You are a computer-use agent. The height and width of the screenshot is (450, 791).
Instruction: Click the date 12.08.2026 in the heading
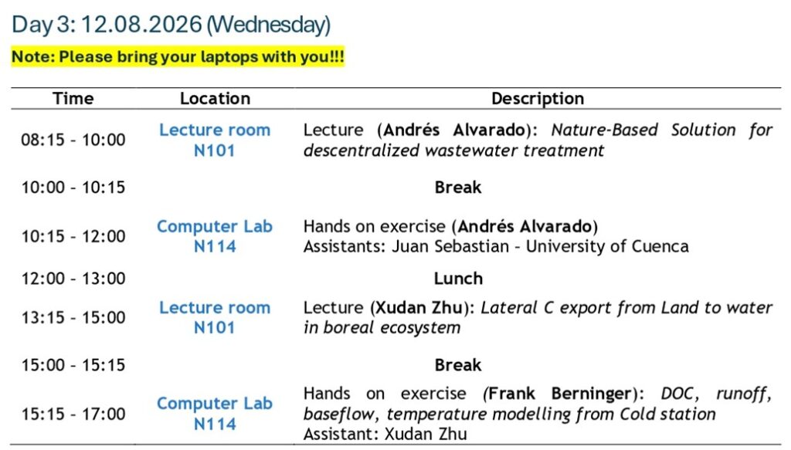pos(141,24)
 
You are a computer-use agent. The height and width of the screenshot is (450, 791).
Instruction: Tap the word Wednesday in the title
pos(268,25)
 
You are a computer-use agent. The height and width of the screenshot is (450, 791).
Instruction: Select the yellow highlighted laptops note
pos(178,56)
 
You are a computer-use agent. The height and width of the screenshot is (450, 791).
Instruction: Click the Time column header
pos(73,98)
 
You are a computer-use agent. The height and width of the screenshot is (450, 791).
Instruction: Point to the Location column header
pos(216,98)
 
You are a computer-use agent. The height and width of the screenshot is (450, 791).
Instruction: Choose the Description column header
pos(538,98)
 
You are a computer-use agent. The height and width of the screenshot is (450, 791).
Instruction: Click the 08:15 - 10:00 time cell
pos(73,140)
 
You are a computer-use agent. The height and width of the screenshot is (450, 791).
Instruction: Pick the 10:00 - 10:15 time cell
pos(73,188)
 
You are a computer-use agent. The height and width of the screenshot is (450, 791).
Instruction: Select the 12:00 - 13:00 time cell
pos(73,278)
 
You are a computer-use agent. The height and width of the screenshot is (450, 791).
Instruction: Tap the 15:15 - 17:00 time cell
pos(73,414)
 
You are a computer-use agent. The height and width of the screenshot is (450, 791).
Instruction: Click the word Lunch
pos(458,278)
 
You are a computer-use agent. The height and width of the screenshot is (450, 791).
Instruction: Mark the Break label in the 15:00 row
pos(458,365)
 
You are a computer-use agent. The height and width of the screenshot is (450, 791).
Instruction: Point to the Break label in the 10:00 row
pos(458,188)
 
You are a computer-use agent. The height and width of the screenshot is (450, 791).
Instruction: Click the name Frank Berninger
pos(560,394)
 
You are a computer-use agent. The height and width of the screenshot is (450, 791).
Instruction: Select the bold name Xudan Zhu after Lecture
pos(419,307)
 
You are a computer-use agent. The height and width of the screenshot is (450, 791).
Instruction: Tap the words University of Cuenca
pos(607,246)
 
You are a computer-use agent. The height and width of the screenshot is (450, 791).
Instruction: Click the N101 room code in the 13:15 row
pos(215,327)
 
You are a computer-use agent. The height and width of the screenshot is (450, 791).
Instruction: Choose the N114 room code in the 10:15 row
pos(215,246)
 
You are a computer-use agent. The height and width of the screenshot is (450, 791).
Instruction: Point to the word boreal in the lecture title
pos(349,327)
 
